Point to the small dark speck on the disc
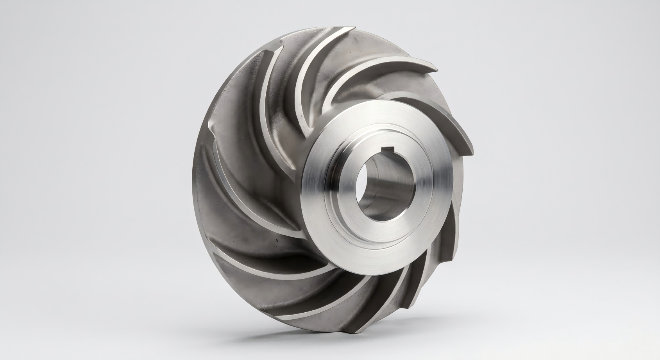276,237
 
